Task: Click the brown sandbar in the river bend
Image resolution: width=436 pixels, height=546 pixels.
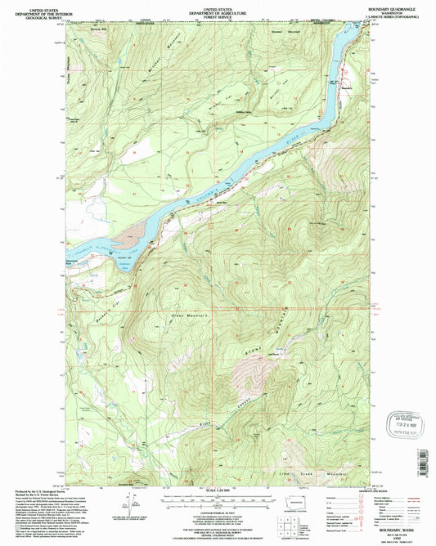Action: [x=124, y=243]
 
